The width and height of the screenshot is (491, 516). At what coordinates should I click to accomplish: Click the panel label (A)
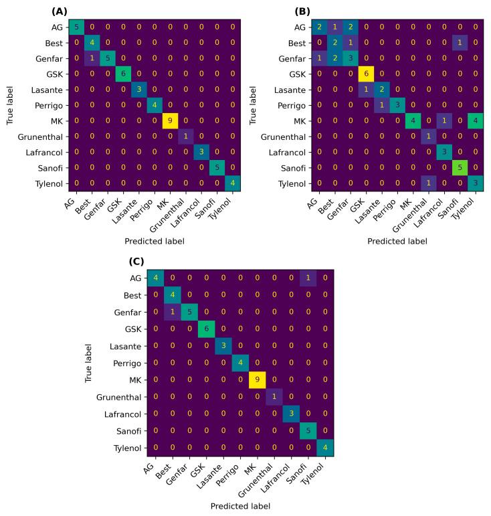(x=59, y=11)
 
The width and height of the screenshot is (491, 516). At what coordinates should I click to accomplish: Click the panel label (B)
(x=303, y=11)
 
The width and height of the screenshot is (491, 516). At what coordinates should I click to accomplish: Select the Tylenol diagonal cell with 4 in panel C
(x=327, y=447)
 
